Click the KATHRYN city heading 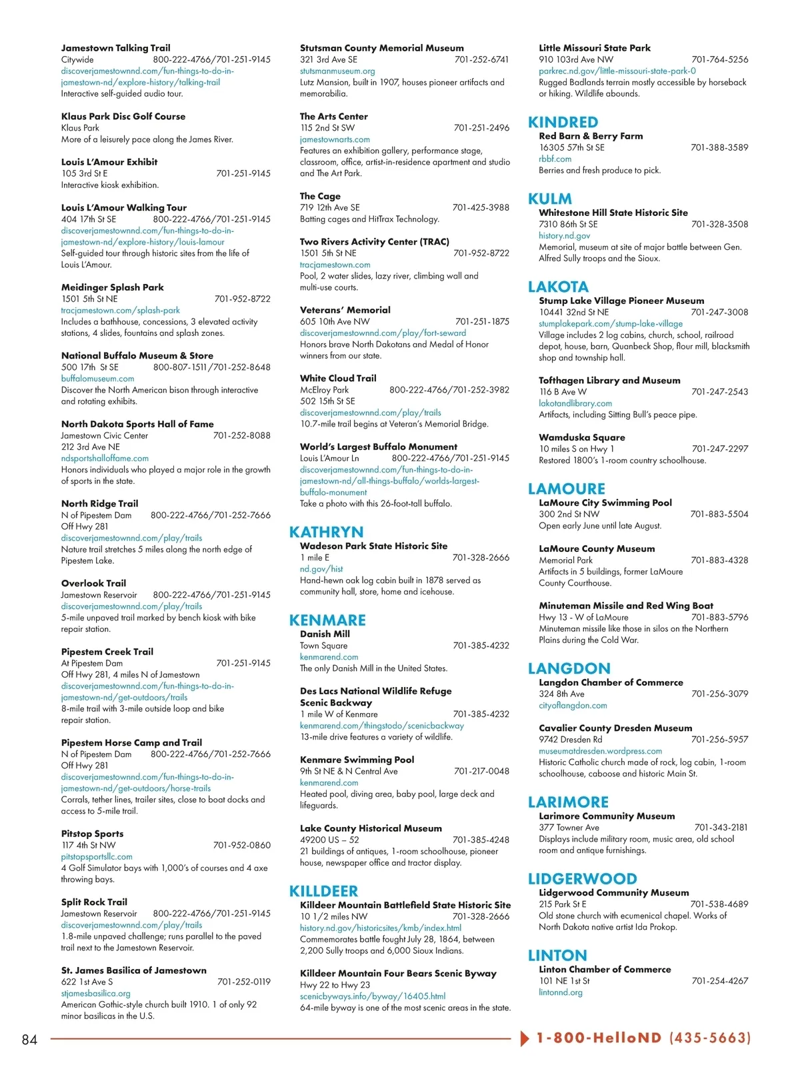click(x=326, y=532)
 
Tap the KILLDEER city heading click(x=323, y=891)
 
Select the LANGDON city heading click(x=569, y=668)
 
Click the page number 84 click(x=30, y=1040)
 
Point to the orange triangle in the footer click(x=525, y=1038)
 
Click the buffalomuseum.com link click(x=97, y=379)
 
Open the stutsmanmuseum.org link click(x=337, y=71)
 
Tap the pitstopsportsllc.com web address click(x=97, y=856)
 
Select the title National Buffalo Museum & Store click(x=137, y=356)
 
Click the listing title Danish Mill click(x=325, y=634)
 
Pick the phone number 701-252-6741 click(x=481, y=59)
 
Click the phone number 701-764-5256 click(x=719, y=59)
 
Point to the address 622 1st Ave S click(x=87, y=982)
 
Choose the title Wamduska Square click(x=582, y=437)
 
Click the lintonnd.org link click(x=561, y=992)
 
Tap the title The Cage click(x=320, y=196)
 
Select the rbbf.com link click(x=555, y=159)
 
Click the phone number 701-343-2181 click(x=721, y=827)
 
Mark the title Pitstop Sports click(x=92, y=834)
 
